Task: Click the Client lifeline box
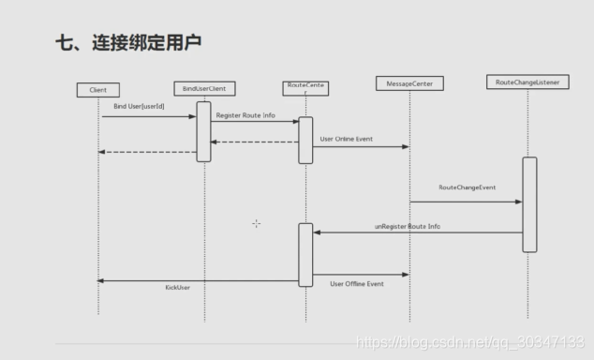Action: pyautogui.click(x=98, y=90)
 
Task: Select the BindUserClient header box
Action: pyautogui.click(x=204, y=89)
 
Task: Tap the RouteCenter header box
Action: pyautogui.click(x=304, y=89)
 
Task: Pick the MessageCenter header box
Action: pyautogui.click(x=408, y=83)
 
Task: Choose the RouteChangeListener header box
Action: pyautogui.click(x=528, y=82)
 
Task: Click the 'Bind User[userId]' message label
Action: pyautogui.click(x=139, y=108)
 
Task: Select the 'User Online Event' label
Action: pyautogui.click(x=346, y=139)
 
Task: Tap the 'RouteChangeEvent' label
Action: pyautogui.click(x=467, y=187)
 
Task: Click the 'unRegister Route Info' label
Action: pyautogui.click(x=408, y=226)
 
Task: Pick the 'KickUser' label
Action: pyautogui.click(x=178, y=287)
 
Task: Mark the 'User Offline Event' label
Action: pyautogui.click(x=357, y=282)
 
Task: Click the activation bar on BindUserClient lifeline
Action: pyautogui.click(x=203, y=131)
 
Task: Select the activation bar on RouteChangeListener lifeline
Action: pyautogui.click(x=529, y=203)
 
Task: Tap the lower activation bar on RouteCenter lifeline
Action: pyautogui.click(x=305, y=254)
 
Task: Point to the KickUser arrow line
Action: pyautogui.click(x=197, y=280)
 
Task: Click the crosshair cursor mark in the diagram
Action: pyautogui.click(x=256, y=223)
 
